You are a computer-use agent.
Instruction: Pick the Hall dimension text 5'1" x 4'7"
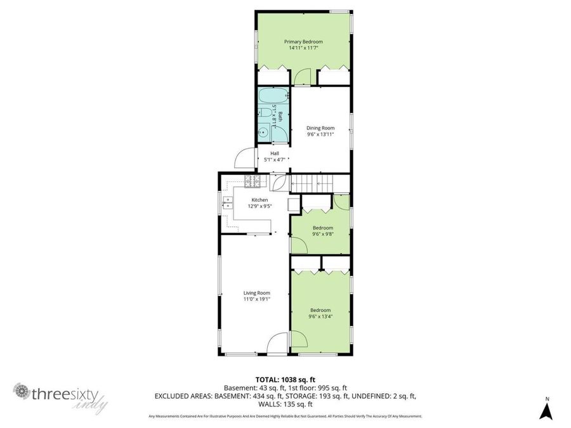point(275,160)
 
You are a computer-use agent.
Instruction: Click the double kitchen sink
point(226,203)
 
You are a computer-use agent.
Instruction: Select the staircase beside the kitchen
point(312,183)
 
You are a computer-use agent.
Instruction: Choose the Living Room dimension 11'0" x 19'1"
point(256,299)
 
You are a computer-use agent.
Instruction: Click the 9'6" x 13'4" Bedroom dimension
point(320,316)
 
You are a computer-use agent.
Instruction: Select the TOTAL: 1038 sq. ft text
point(285,379)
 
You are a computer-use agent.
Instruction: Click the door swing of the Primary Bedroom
point(303,77)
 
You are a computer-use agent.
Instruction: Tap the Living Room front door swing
point(277,344)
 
